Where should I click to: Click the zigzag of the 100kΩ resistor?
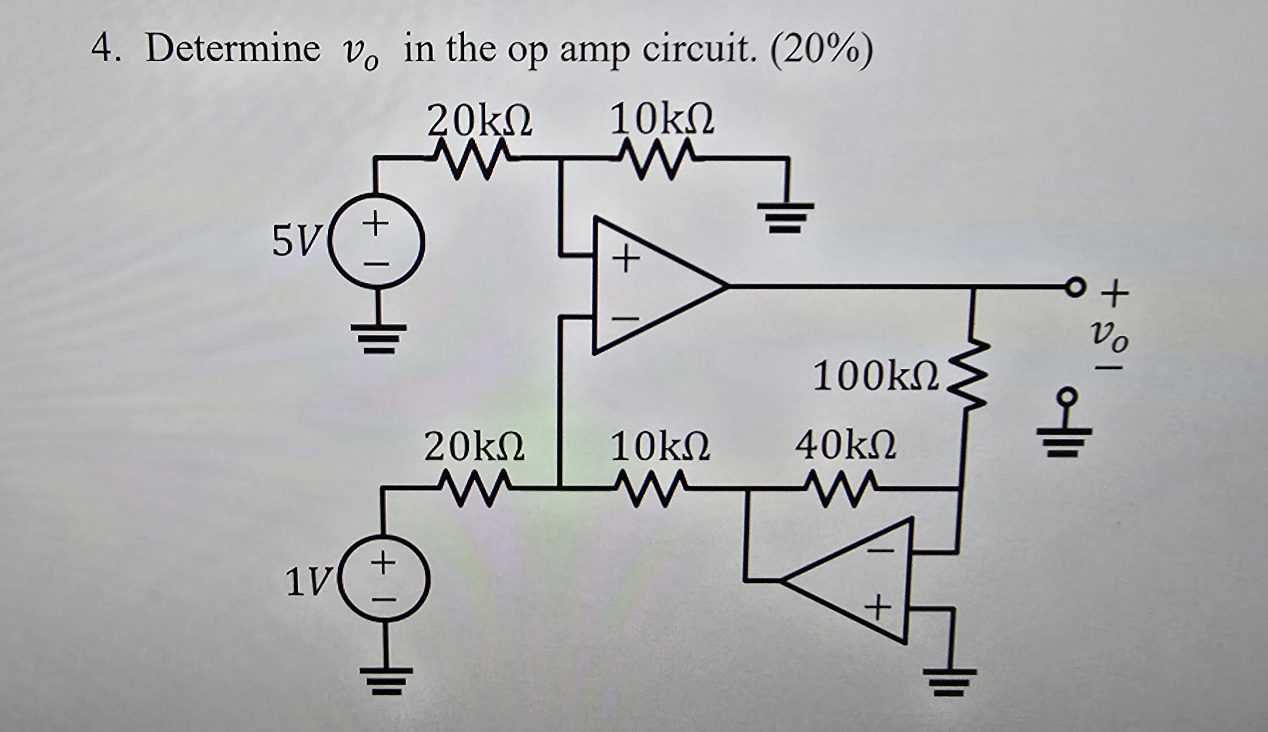tap(968, 374)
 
